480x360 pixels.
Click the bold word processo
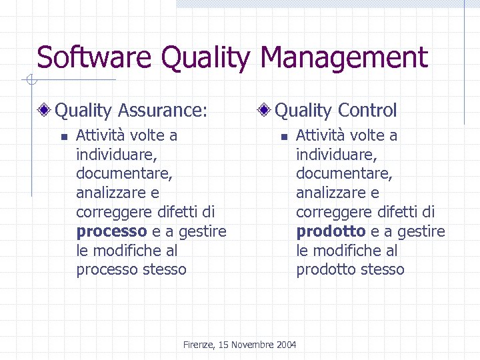pos(111,232)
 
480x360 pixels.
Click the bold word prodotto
pos(331,232)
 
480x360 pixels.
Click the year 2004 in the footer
pos(285,345)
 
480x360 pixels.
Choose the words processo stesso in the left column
pos(131,270)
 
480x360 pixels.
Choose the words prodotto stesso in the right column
pos(351,270)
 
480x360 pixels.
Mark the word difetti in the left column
pos(180,213)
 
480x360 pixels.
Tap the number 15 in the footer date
pos(223,345)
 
